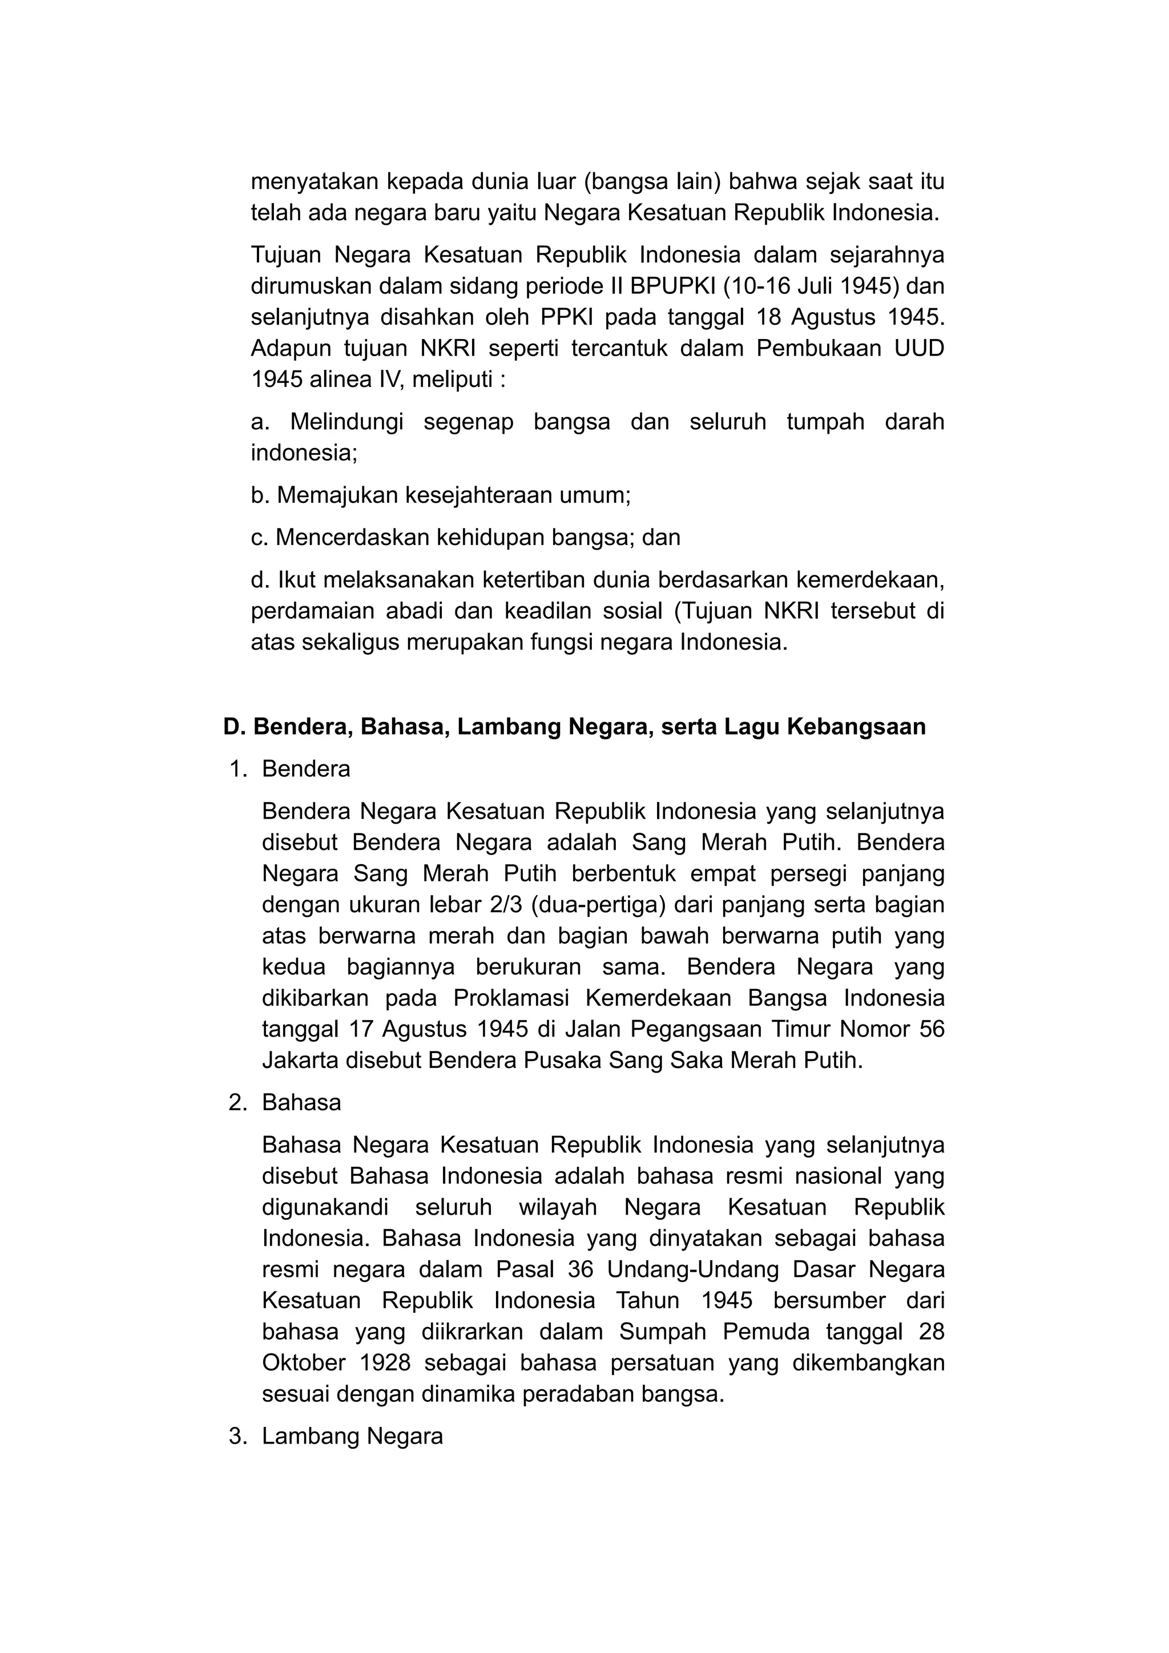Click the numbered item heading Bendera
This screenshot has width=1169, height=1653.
(306, 769)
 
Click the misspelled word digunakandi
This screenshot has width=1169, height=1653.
(325, 1207)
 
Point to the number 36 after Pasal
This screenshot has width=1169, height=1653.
(580, 1269)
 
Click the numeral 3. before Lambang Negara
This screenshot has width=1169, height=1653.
(238, 1436)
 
